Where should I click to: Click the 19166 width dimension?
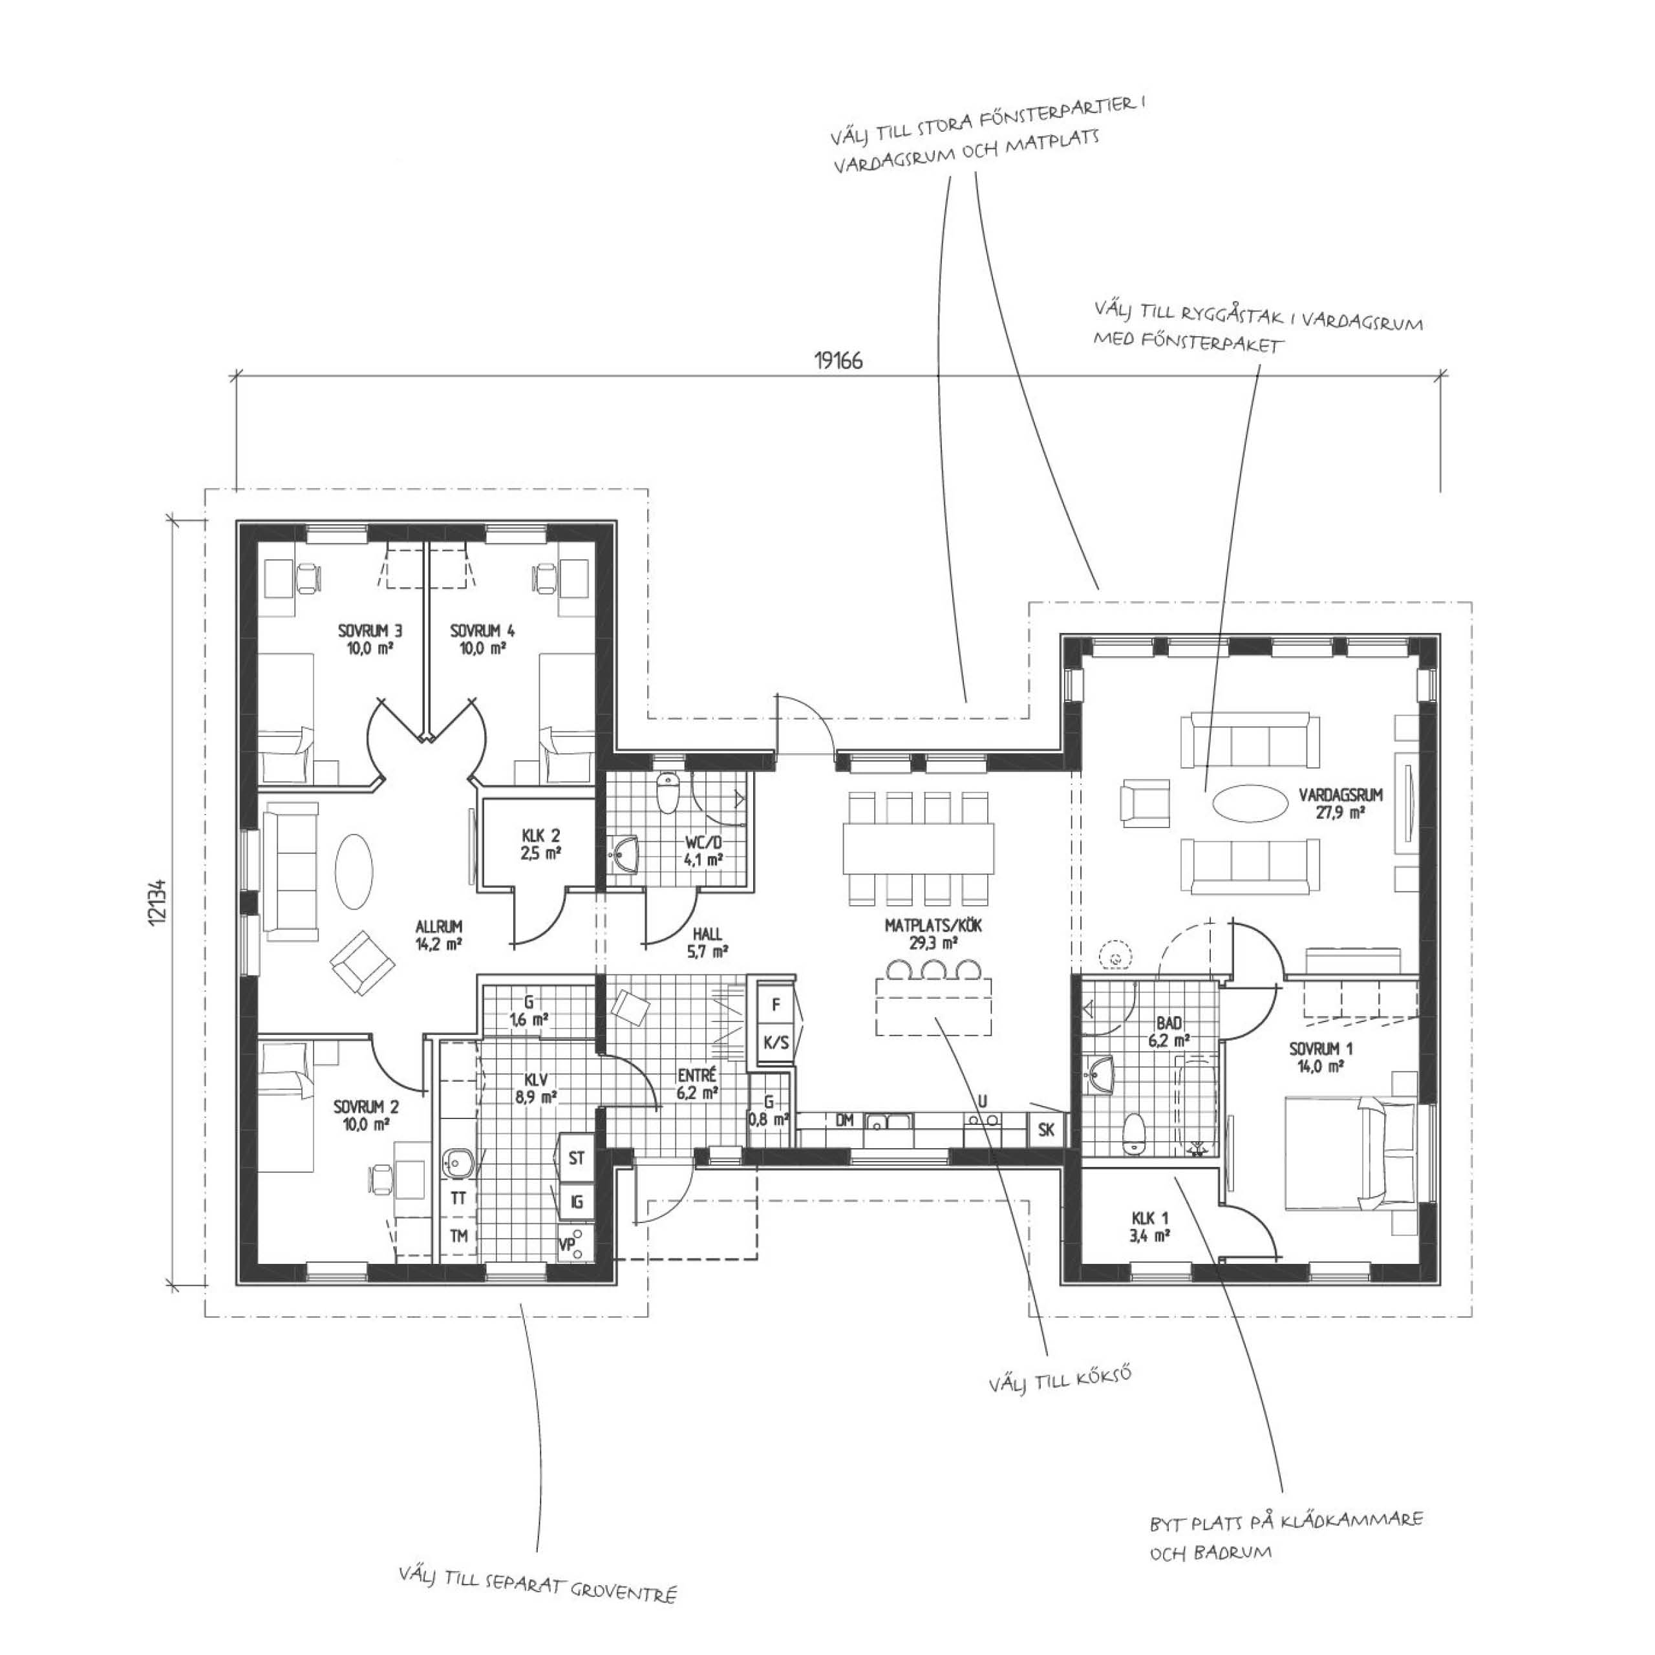(838, 361)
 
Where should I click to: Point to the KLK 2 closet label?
(540, 835)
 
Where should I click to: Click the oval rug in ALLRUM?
(353, 872)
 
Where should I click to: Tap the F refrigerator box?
(776, 1005)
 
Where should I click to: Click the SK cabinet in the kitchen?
(1046, 1131)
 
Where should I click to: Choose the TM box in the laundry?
(459, 1236)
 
